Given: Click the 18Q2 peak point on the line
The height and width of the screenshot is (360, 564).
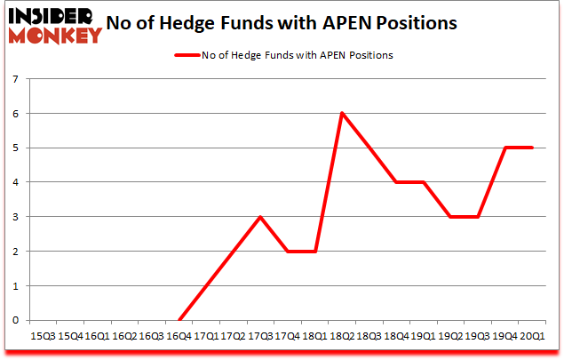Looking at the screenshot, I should pyautogui.click(x=342, y=114).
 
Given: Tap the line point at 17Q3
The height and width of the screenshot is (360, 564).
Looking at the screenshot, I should pyautogui.click(x=260, y=217).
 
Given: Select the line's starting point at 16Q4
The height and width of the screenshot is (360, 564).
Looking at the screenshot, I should pyautogui.click(x=179, y=320).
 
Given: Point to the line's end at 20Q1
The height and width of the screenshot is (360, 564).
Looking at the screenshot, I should pyautogui.click(x=533, y=148).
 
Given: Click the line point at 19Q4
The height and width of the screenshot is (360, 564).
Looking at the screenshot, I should pyautogui.click(x=505, y=148).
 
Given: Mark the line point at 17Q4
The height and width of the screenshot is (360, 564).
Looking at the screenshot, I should pyautogui.click(x=288, y=252).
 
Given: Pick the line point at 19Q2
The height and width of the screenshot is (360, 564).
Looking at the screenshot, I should pyautogui.click(x=451, y=217).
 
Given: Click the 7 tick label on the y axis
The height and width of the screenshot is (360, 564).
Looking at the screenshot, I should pyautogui.click(x=16, y=80).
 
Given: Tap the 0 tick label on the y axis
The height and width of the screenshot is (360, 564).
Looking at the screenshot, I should pyautogui.click(x=16, y=320).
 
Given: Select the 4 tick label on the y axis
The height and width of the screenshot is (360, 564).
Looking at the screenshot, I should pyautogui.click(x=16, y=183).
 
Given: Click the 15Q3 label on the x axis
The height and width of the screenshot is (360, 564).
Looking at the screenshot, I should pyautogui.click(x=42, y=337).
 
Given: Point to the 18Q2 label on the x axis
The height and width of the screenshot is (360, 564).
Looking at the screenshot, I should pyautogui.click(x=342, y=337).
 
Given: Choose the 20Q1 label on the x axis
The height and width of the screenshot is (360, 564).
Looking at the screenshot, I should pyautogui.click(x=533, y=337).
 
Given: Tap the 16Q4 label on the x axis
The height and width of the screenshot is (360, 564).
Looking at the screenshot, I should pyautogui.click(x=179, y=337).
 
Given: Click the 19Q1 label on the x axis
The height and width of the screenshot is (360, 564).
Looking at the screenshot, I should pyautogui.click(x=424, y=337).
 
